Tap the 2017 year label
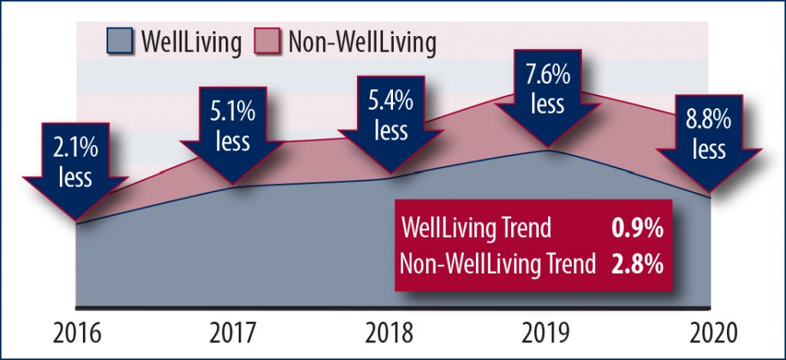point(233,334)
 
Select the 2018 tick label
point(390,334)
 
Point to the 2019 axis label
point(547,334)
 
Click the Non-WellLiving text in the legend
point(361,43)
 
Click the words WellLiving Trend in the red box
point(477,228)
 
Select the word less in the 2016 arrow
point(76,177)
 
